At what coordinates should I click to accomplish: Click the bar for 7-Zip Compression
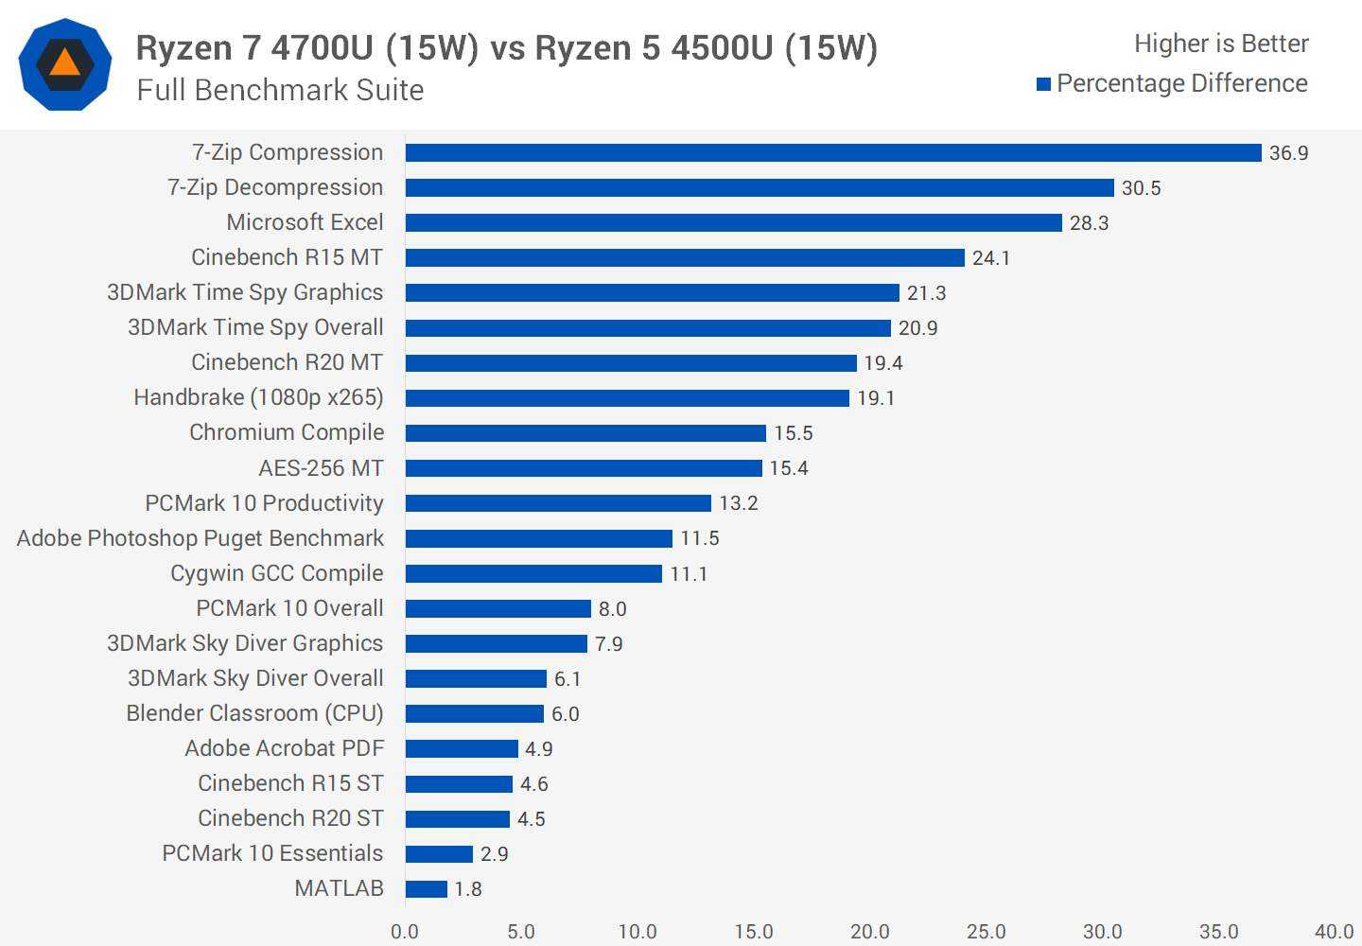(832, 153)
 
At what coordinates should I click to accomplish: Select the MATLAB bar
(426, 889)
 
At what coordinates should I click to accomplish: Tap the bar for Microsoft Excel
(733, 223)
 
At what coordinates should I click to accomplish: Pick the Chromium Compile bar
(585, 433)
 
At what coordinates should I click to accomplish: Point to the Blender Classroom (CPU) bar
(474, 714)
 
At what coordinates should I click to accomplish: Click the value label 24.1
(990, 258)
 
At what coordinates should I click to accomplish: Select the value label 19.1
(875, 398)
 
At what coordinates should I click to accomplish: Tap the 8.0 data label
(612, 609)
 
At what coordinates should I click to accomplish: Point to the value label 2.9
(494, 854)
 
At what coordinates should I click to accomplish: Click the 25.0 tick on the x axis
(986, 932)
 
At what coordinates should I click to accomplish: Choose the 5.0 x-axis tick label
(520, 932)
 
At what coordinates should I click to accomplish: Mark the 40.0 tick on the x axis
(1334, 932)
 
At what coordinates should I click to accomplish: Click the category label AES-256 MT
(321, 468)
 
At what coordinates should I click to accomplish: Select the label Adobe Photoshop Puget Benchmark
(201, 538)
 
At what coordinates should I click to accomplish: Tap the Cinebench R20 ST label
(290, 818)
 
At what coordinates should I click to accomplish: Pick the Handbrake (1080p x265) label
(258, 397)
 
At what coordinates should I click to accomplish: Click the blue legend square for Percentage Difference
(1043, 84)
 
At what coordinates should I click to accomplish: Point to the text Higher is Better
(1220, 44)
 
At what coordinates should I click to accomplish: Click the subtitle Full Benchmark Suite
(280, 90)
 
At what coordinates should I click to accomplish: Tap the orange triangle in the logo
(64, 64)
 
